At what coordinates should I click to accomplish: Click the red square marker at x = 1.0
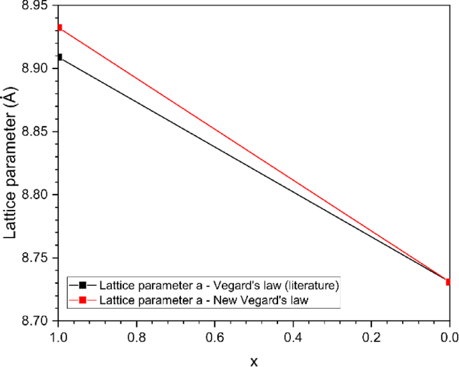click(x=60, y=28)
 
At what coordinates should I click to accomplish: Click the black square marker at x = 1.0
click(x=60, y=57)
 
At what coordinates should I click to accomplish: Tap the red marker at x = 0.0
click(x=448, y=282)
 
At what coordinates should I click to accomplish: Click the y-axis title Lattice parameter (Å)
click(x=11, y=164)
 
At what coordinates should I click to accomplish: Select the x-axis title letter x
click(x=254, y=360)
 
